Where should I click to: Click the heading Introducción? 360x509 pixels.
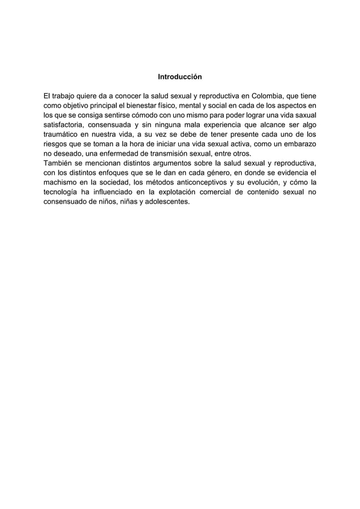(179, 76)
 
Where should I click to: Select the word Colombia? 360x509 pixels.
(270, 95)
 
